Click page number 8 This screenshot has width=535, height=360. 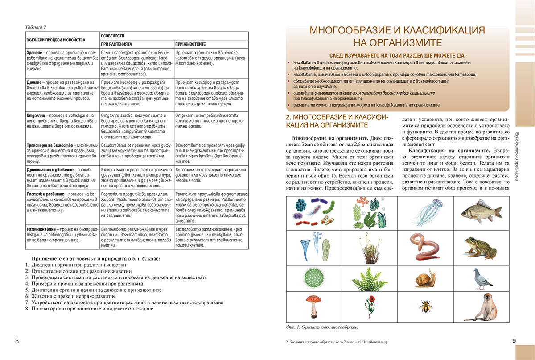[x=17, y=341]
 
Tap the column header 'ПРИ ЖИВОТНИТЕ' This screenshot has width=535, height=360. [x=190, y=44]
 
